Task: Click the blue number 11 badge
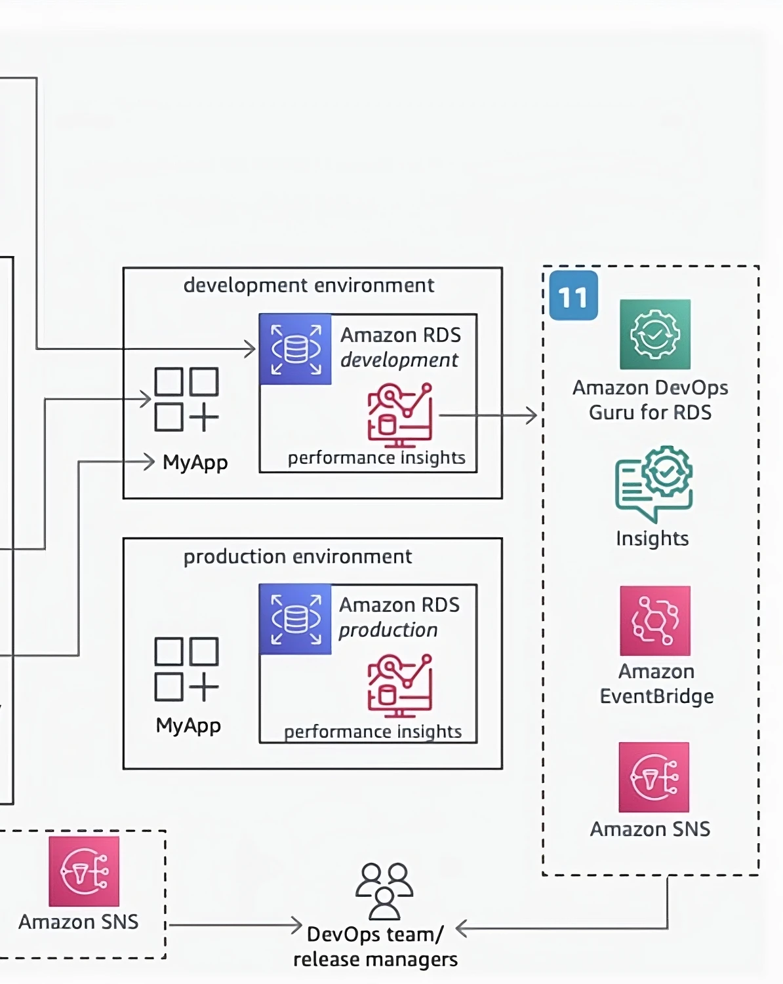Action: pos(573,296)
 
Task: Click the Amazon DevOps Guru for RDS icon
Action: pos(654,334)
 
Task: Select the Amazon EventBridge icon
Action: pos(654,620)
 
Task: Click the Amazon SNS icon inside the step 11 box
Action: pos(654,777)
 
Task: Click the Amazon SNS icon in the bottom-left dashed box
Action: pos(84,871)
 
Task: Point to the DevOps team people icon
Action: pos(384,890)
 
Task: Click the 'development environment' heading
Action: pos(308,286)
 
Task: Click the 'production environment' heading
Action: pos(297,557)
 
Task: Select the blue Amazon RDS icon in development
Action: pos(296,349)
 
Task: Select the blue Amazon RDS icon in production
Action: pos(296,619)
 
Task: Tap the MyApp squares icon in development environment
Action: pos(186,399)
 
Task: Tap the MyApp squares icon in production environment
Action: pos(186,669)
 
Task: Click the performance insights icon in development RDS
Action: pos(400,415)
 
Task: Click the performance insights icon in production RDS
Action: pos(400,685)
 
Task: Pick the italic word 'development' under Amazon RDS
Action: pos(399,360)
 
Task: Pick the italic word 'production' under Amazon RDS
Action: pos(388,630)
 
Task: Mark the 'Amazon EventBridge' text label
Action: pos(656,684)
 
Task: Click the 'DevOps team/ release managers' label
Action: pos(375,947)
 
